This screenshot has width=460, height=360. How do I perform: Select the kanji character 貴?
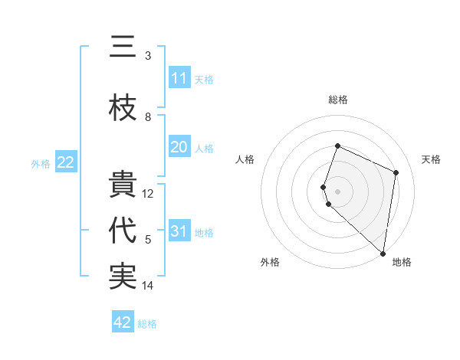coord(123,185)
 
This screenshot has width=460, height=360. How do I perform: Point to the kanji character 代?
coord(123,231)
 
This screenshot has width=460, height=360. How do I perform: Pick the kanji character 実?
coord(123,277)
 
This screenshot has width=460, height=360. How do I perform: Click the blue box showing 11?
coord(179,78)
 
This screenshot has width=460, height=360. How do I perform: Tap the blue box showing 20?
coord(179,147)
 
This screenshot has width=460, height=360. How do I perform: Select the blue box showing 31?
coord(179,231)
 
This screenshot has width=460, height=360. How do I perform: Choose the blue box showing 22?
coord(65,162)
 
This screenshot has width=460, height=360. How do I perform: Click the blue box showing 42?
coord(123,322)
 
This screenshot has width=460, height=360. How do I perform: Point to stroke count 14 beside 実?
coord(148,286)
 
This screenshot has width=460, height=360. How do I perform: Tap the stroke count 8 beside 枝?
coord(148,117)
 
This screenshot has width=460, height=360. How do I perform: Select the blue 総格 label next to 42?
coord(147,324)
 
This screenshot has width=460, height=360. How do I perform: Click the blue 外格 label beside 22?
coord(41,163)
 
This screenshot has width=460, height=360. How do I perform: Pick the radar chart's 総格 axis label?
coord(337,100)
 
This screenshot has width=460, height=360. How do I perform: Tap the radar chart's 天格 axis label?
coord(431,159)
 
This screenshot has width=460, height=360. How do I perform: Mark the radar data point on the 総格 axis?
coord(337,146)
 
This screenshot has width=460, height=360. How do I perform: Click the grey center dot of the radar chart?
coord(337,190)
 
